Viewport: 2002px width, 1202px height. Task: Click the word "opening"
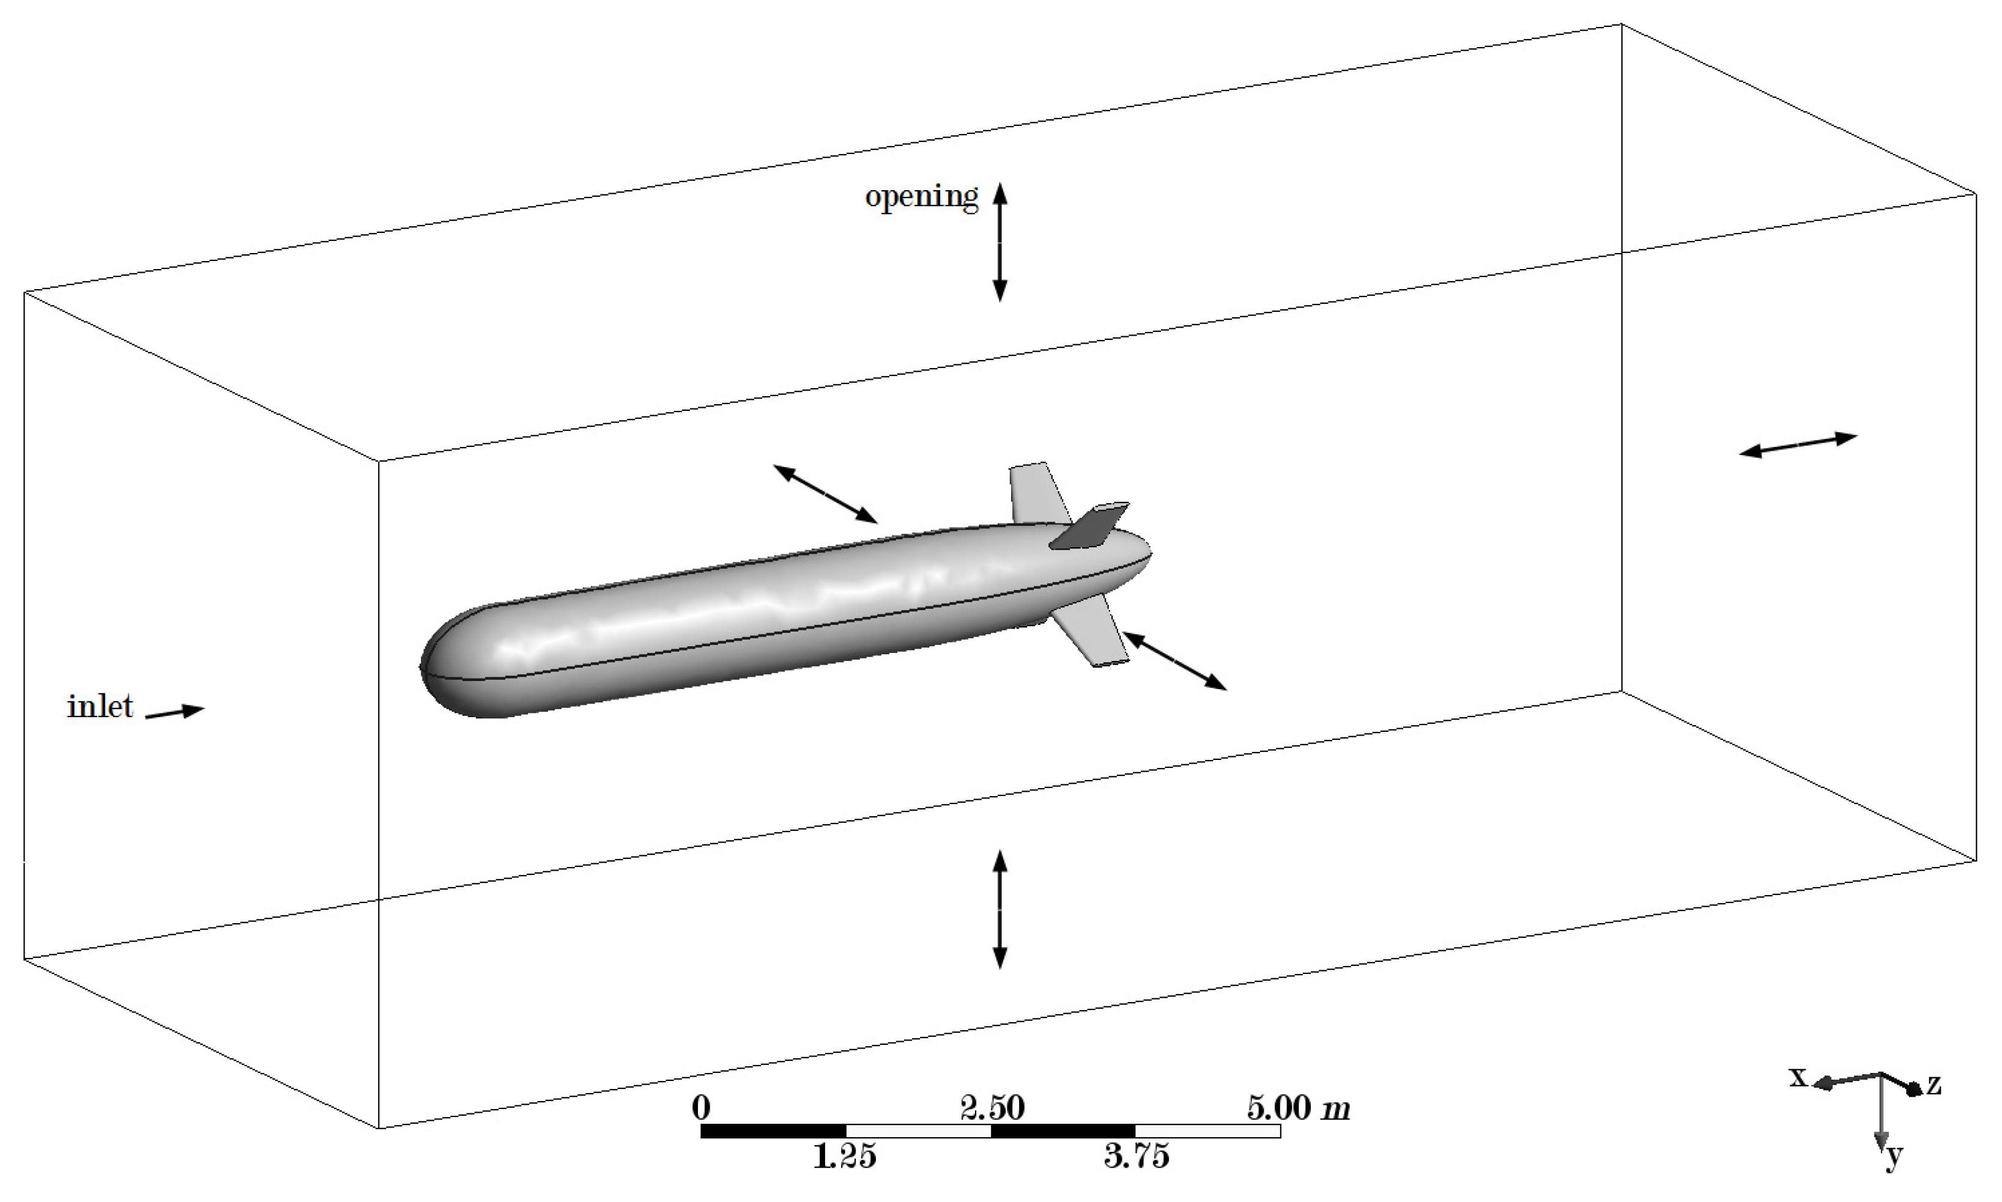click(x=921, y=197)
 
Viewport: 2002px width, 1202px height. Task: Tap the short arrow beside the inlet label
click(x=175, y=712)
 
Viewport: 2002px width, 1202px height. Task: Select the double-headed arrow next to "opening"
click(x=1000, y=242)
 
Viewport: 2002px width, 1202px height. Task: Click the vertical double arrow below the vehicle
click(x=1000, y=909)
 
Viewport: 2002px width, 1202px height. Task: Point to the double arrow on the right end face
click(x=1798, y=444)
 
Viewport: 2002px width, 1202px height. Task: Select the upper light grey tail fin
click(x=1036, y=492)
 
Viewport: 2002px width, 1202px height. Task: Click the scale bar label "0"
click(x=702, y=1107)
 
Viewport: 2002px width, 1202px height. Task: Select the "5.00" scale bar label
click(x=1279, y=1107)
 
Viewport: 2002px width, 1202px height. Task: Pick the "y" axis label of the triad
click(x=1894, y=1158)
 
